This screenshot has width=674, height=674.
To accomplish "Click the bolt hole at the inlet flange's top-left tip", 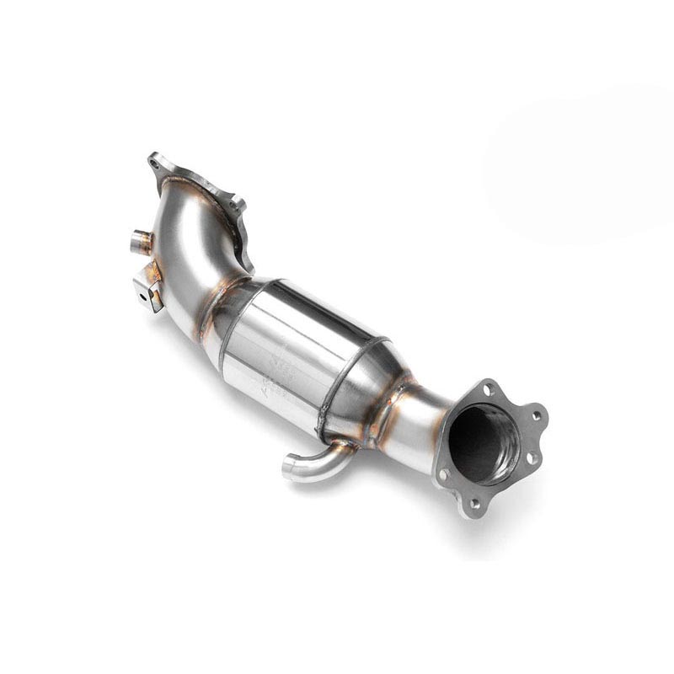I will [x=154, y=160].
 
